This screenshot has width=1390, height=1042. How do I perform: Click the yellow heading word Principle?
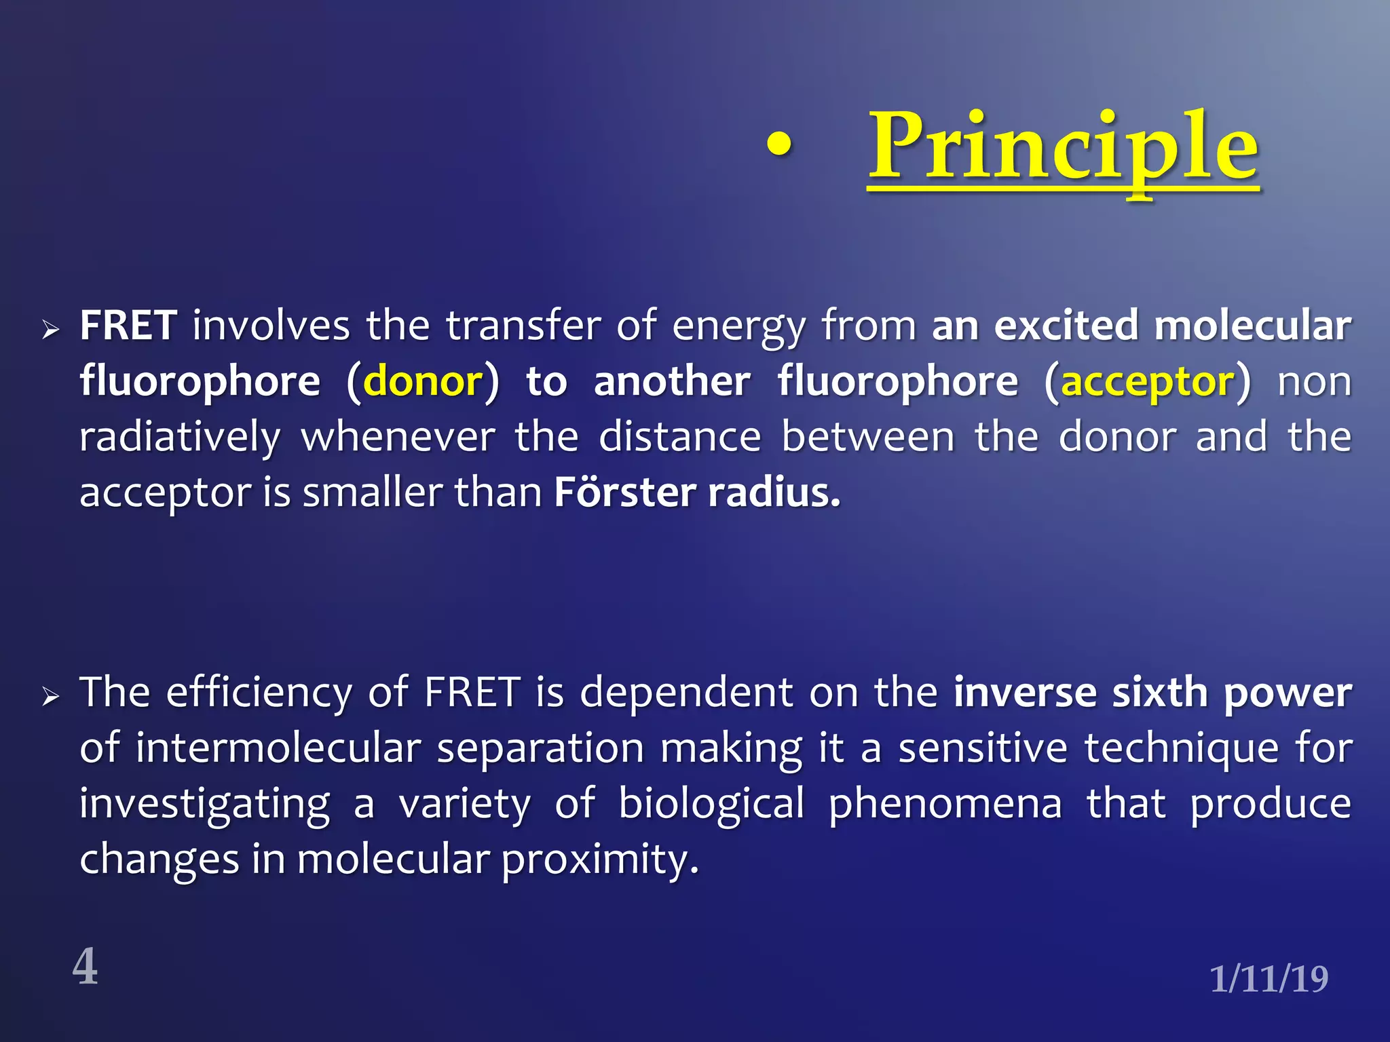point(1064,148)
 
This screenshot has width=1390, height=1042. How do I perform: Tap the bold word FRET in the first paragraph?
point(129,326)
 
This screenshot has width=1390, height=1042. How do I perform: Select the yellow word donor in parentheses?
point(424,382)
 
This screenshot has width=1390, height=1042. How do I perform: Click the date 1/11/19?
point(1269,979)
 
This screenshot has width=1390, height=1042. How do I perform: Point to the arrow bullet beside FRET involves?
point(51,330)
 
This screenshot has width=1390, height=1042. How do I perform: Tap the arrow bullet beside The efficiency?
point(51,697)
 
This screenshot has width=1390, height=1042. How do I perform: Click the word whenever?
point(398,438)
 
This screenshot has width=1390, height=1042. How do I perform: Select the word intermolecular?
point(278,749)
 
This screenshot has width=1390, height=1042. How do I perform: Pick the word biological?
point(711,805)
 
